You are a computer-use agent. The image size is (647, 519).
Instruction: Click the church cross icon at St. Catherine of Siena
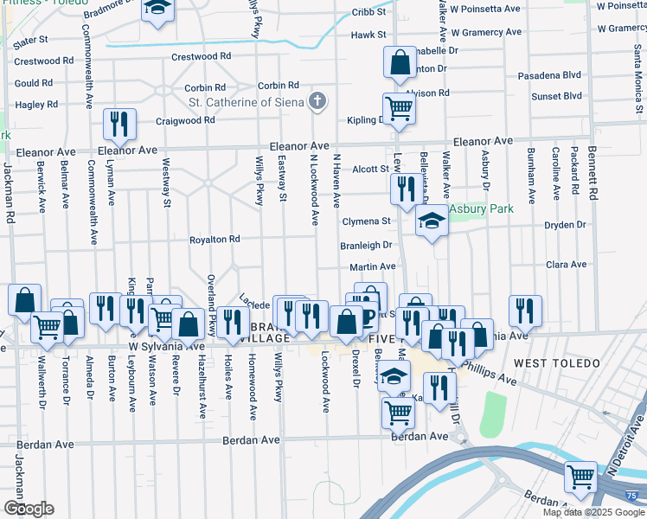[x=317, y=102]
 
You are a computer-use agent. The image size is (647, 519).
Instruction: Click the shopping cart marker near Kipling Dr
[x=400, y=108]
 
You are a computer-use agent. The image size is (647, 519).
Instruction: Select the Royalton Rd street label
[x=215, y=240]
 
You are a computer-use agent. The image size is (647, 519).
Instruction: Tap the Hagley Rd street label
[x=36, y=105]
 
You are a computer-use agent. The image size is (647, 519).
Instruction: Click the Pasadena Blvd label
[x=549, y=75]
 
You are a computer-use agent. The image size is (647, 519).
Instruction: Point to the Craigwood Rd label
[x=185, y=120]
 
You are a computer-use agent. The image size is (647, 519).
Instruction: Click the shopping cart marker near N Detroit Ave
[x=580, y=477]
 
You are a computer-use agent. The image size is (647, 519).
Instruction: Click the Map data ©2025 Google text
[x=594, y=512]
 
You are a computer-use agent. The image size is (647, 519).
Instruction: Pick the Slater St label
[x=29, y=41]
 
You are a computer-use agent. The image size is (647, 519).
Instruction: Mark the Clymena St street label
[x=367, y=221]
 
